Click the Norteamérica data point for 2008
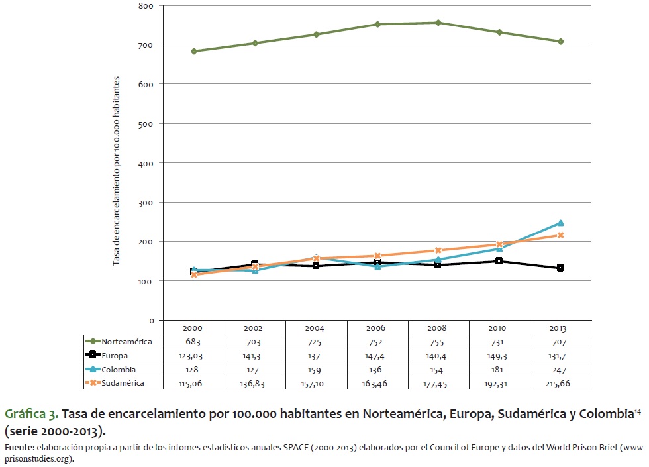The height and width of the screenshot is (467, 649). pos(438,23)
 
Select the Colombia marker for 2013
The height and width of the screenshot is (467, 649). pos(560,223)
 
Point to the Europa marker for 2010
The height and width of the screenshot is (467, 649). pos(499,261)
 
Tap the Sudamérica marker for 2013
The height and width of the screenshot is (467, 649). pos(560,235)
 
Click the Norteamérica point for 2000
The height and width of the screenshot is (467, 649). pos(193,51)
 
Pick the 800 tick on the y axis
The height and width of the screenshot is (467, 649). pos(147,5)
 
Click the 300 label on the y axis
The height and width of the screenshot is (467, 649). pos(147,202)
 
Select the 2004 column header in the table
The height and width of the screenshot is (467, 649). pos(316,328)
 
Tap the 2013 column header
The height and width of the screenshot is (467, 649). pos(560,328)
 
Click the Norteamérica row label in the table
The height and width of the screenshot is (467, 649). pos(126,342)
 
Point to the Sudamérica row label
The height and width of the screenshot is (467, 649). pos(124,383)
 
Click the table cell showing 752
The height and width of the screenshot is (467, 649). pos(377,342)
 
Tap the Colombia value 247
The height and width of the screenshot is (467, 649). pos(560,369)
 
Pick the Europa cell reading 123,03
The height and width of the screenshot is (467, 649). pos(193,356)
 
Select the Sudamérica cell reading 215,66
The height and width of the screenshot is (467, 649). pos(560,383)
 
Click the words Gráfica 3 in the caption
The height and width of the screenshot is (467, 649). pos(32,414)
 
